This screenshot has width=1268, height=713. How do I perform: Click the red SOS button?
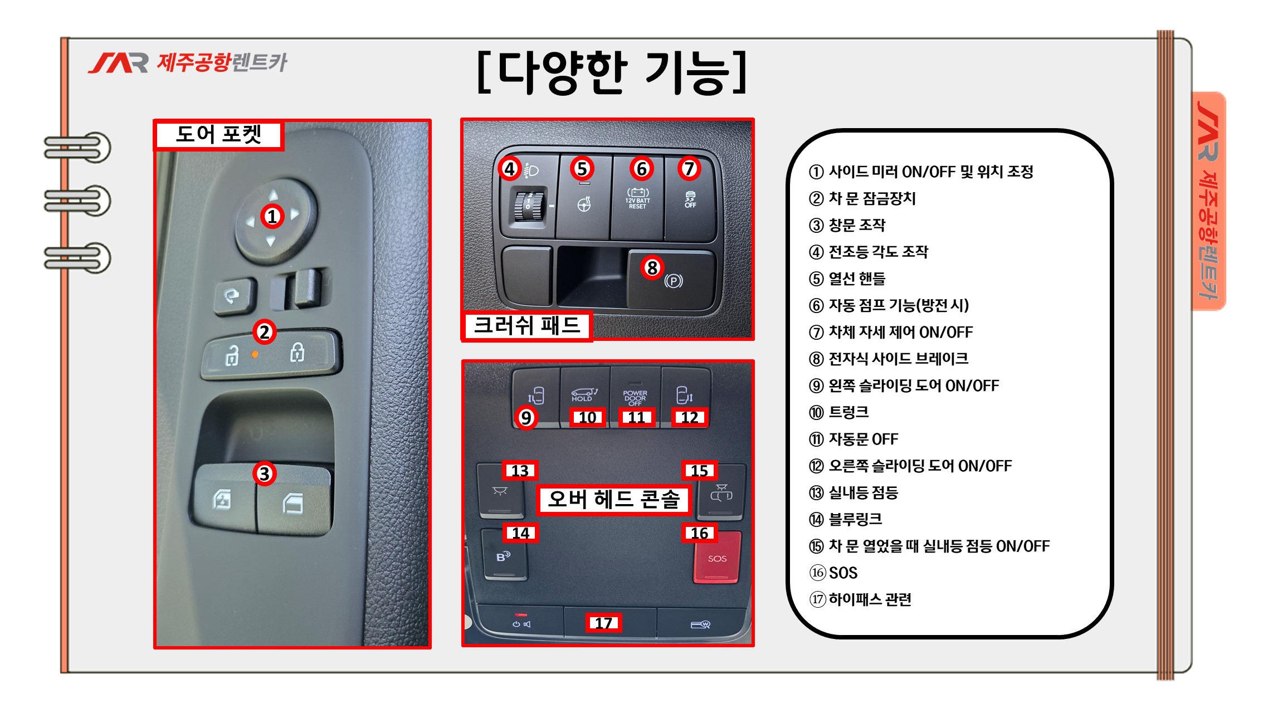(718, 558)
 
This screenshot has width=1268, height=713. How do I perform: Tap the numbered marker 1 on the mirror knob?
(272, 216)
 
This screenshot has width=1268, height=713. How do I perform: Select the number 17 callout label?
(603, 623)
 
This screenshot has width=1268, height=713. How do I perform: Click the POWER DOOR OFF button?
(635, 397)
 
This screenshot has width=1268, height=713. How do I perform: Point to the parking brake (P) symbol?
(674, 281)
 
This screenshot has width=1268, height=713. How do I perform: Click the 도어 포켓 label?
(218, 134)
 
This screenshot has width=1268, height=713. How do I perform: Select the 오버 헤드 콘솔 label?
(613, 499)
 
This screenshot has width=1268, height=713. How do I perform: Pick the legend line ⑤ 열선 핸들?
(847, 279)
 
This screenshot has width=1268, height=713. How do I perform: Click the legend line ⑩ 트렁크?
(839, 412)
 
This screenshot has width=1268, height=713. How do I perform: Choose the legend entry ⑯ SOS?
(833, 573)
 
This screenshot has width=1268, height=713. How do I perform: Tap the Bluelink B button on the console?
(504, 556)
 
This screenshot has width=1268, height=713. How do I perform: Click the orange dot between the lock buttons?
(255, 354)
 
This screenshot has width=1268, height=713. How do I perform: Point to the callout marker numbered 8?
(652, 267)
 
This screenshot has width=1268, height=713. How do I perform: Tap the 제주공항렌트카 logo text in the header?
(222, 62)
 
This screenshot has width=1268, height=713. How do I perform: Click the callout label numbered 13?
(520, 471)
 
